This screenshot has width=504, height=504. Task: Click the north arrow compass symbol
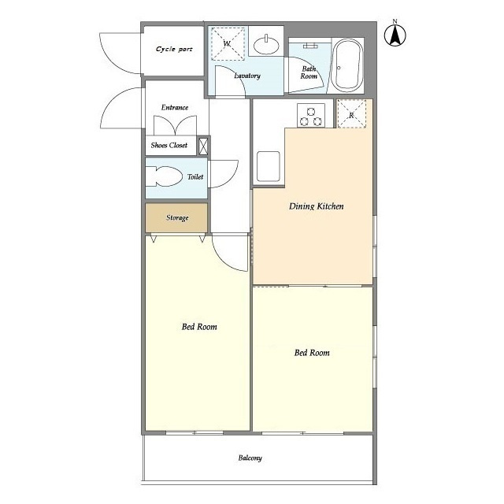pos(395,34)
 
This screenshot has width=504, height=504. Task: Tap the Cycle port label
pos(174,49)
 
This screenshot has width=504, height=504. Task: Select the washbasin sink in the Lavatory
pos(266,46)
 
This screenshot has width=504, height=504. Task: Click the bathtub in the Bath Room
pos(347,65)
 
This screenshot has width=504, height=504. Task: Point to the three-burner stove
pos(311,115)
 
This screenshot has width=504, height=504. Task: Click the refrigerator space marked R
pos(351,113)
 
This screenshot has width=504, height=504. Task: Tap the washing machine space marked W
pos(228,44)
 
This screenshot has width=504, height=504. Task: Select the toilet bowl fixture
pos(164,176)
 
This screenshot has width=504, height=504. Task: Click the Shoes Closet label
pos(169,145)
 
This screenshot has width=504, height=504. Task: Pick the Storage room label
pos(177,218)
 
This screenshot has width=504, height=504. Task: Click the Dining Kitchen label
pos(317,206)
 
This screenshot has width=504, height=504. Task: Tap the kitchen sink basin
pos(269,166)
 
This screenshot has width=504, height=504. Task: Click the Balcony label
pos(250,458)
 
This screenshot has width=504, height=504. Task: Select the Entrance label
pos(175,107)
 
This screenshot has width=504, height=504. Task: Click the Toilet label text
pos(195,176)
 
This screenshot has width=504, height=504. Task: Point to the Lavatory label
pos(246,76)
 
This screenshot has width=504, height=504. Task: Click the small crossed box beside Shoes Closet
pos(203,146)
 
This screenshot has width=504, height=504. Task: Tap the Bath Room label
pos(309,72)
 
